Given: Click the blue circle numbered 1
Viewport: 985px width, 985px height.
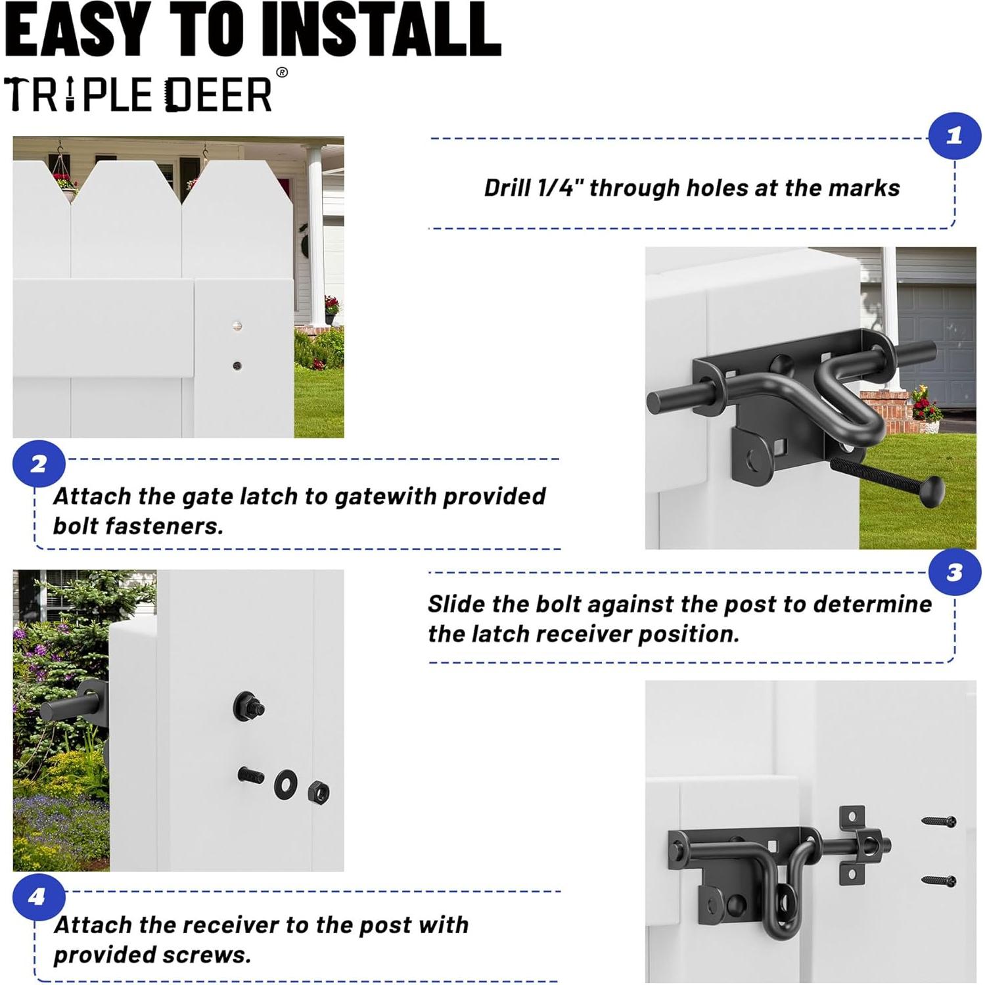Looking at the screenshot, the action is [x=954, y=136].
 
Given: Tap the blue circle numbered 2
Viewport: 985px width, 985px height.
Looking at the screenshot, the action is [x=39, y=465].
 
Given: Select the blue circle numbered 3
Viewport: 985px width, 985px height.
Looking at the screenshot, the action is [x=954, y=572].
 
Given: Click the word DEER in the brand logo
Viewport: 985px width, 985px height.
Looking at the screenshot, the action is [x=218, y=95].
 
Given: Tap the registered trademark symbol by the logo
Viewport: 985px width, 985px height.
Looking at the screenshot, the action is [x=282, y=72].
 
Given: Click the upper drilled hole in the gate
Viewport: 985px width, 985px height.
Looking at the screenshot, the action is [x=237, y=326].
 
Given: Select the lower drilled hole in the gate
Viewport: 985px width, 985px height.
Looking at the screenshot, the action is [x=237, y=365].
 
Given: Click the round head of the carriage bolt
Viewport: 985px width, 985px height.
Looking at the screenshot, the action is [x=931, y=492].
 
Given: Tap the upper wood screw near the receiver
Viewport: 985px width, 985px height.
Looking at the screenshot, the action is [x=938, y=821].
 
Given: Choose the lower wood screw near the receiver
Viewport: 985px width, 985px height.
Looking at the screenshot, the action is [x=938, y=880].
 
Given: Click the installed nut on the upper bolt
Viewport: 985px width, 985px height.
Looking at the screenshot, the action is [x=249, y=706].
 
